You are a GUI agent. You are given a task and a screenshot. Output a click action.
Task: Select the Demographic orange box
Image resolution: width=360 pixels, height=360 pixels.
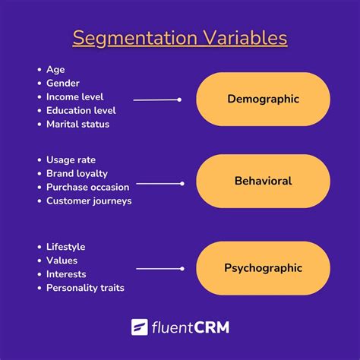tap(263, 99)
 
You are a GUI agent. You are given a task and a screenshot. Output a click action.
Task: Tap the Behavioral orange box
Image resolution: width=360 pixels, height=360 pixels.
tap(263, 182)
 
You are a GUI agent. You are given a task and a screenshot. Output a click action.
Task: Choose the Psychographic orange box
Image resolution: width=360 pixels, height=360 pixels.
tap(263, 268)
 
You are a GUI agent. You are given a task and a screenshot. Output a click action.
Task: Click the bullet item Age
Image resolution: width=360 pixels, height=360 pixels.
tap(55, 69)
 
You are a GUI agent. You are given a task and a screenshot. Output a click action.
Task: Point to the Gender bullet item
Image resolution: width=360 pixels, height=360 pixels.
tap(63, 83)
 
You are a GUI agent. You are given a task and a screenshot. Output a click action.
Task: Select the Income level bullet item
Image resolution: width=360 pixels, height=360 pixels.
tap(74, 96)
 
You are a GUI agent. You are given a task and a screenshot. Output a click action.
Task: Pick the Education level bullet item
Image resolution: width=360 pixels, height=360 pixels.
tap(80, 110)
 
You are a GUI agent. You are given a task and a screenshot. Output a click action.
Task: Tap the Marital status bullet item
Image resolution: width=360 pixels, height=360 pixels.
tap(77, 124)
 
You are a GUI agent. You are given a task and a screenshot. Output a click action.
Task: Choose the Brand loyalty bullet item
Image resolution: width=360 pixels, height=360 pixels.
tap(77, 173)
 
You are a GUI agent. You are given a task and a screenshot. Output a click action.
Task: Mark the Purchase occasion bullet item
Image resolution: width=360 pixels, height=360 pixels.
tap(87, 187)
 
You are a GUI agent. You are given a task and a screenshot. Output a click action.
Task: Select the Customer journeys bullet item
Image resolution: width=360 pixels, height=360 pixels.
tap(89, 201)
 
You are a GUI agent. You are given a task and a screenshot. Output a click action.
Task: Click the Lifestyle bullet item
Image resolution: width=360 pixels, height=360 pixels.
tap(65, 247)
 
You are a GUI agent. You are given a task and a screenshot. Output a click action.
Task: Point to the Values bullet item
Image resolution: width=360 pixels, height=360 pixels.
tap(62, 261)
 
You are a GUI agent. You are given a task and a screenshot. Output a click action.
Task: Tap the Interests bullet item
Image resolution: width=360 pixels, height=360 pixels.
tap(66, 274)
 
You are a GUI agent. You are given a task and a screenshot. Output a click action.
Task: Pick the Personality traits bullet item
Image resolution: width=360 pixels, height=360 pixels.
tap(85, 288)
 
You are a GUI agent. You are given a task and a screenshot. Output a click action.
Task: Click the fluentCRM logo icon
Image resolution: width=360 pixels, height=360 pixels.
tap(140, 327)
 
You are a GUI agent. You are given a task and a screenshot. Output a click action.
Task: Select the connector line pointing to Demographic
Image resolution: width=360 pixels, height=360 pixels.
tap(156, 99)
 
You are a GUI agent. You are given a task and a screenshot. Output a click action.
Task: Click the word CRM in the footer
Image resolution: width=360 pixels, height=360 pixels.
tap(210, 327)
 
